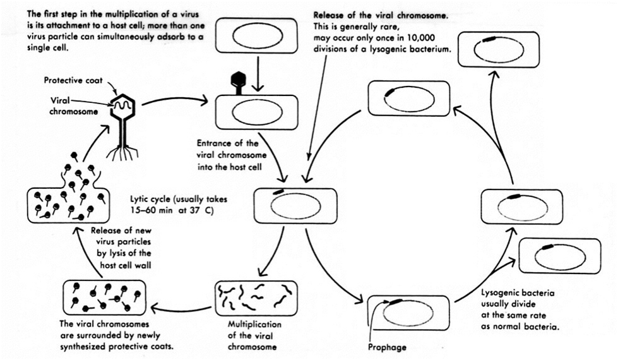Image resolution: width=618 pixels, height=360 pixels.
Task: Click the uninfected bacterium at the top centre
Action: pyautogui.click(x=256, y=37)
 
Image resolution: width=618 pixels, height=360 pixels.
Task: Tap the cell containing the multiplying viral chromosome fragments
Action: pyautogui.click(x=256, y=297)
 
